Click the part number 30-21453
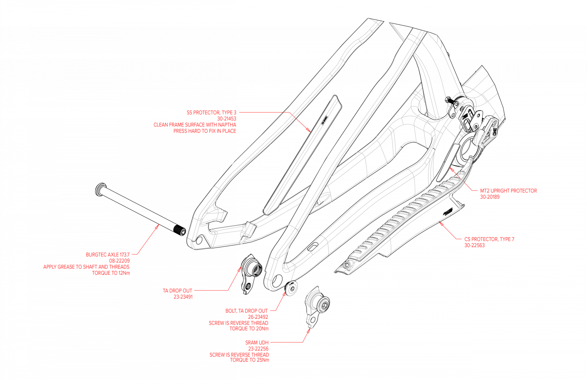coord(227,119)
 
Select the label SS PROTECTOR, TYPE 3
coord(211,113)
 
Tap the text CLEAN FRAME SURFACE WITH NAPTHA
coord(195,125)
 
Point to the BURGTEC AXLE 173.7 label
coord(108,254)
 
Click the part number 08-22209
coord(119,261)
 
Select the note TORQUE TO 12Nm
coord(111,273)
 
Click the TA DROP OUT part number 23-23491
coord(183,297)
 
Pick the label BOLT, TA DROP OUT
coord(247,311)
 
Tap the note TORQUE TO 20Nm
coord(249,329)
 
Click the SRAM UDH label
coord(257,342)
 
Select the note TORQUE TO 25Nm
coord(249,360)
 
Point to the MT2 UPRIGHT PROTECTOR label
coord(508,190)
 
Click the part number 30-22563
coord(474,245)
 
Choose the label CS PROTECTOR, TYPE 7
coord(489,239)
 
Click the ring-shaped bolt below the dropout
coord(292,288)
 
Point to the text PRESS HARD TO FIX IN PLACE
coord(205,131)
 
